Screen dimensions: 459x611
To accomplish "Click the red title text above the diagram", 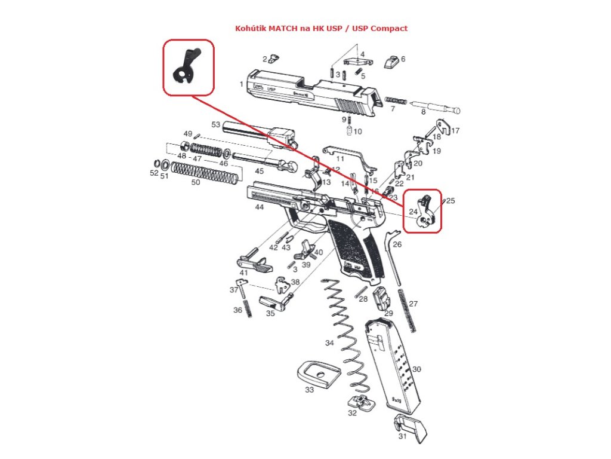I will coord(321,28).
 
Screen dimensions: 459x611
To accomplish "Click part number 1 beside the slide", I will coord(241,84).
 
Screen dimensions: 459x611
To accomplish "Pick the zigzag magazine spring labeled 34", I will coord(346,335).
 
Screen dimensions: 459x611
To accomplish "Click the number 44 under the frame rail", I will coord(259,207).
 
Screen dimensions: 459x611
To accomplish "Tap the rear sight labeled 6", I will coord(391,61).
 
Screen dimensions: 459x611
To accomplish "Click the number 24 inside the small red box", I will coord(413,212).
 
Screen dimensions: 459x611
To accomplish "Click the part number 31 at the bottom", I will coord(402,436).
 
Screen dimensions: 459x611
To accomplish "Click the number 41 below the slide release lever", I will coord(243,273).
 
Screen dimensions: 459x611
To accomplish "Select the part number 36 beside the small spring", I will coord(237,310).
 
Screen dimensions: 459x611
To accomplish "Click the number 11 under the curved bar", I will coord(340,159).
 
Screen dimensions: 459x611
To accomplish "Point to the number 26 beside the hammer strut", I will coord(397,244).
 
